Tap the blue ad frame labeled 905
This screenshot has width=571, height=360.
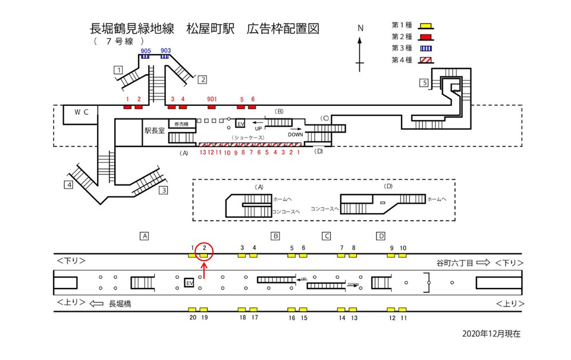(145, 57)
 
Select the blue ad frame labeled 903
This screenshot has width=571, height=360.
(165, 57)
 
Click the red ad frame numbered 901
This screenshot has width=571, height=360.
(212, 107)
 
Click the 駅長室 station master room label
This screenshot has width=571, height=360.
(155, 130)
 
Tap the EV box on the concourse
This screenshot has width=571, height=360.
(240, 124)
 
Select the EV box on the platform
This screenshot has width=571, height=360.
(189, 283)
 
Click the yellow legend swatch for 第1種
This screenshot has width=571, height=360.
(425, 25)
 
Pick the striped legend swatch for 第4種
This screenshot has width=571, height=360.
(425, 60)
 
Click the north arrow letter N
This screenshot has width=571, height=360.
(360, 29)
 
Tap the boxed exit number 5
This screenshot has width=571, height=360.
(423, 83)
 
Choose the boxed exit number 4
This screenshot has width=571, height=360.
(70, 185)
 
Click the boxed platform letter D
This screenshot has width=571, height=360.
(381, 236)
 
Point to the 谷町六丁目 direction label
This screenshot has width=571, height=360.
(455, 262)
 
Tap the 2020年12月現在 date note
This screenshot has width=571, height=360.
(491, 334)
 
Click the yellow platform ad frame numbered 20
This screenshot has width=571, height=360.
(192, 310)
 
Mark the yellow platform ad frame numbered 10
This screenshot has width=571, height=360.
(403, 255)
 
